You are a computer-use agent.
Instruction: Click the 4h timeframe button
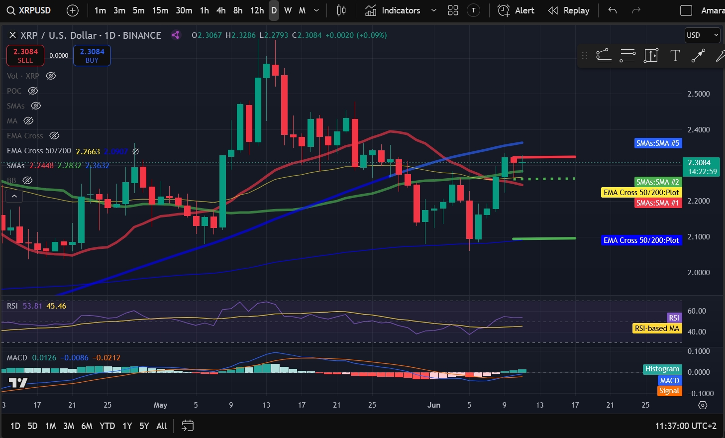(221, 10)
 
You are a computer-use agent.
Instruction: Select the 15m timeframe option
(160, 10)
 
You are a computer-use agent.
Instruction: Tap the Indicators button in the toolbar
(394, 10)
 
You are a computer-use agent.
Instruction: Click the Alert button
(517, 10)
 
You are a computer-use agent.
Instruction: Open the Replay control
(569, 10)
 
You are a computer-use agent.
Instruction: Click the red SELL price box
(25, 55)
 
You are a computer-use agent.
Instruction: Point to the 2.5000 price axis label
(698, 94)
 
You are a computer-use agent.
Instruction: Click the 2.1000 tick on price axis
(698, 237)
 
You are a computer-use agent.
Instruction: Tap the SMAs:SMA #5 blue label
(657, 143)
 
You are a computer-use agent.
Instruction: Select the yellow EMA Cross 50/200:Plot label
(641, 193)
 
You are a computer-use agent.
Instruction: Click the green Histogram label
(662, 369)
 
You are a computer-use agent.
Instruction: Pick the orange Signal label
(669, 391)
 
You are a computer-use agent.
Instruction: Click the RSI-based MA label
(657, 328)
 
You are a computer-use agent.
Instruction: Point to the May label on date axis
(160, 405)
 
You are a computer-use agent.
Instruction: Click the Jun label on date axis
(434, 405)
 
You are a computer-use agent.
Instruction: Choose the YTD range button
(107, 426)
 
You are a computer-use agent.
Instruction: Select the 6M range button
(87, 426)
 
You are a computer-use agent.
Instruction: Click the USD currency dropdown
(702, 35)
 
